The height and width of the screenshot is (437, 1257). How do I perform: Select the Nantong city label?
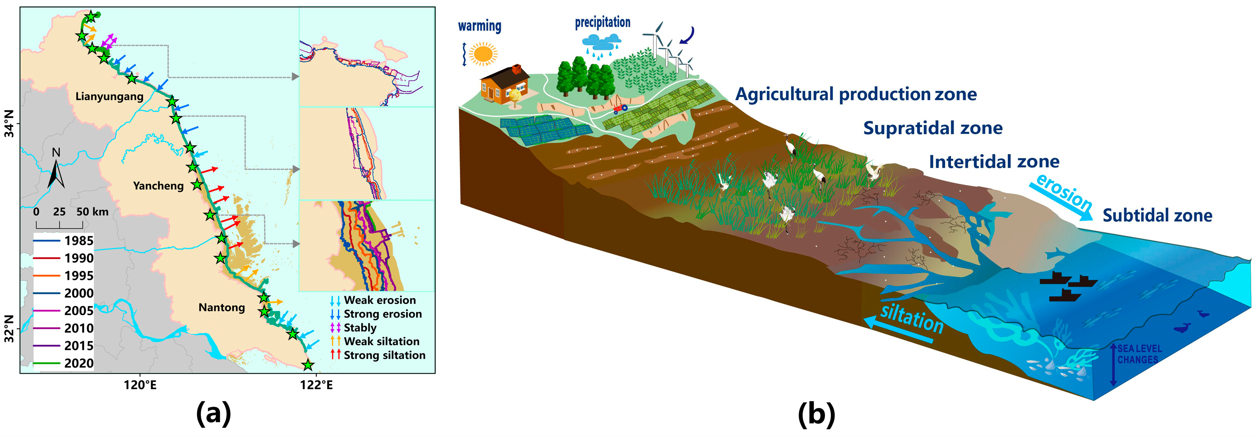pyautogui.click(x=221, y=307)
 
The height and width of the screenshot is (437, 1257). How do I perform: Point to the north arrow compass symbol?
pyautogui.click(x=56, y=171)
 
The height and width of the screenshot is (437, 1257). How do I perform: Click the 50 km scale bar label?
pyautogui.click(x=92, y=212)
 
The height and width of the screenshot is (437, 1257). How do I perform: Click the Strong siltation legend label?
pyautogui.click(x=384, y=355)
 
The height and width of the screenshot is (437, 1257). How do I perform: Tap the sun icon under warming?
pyautogui.click(x=483, y=54)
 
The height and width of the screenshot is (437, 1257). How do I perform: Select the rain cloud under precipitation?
pyautogui.click(x=602, y=43)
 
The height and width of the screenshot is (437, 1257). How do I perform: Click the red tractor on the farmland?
pyautogui.click(x=620, y=108)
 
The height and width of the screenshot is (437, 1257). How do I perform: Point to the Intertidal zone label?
pyautogui.click(x=994, y=161)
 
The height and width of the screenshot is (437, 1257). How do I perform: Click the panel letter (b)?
pyautogui.click(x=816, y=414)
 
